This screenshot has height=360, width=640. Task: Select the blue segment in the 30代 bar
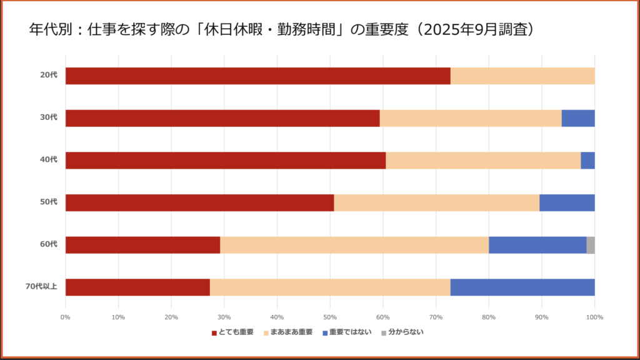[578, 119]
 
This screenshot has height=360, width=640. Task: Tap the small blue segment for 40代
[587, 161]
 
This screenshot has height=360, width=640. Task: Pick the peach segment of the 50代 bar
[436, 203]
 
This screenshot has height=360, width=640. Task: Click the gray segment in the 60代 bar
[591, 245]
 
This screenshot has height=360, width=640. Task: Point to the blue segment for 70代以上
[522, 287]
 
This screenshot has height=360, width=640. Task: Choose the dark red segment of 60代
[142, 245]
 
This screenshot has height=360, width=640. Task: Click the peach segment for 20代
[522, 76]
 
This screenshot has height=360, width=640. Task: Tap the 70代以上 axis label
[42, 287]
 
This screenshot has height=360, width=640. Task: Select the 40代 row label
[49, 160]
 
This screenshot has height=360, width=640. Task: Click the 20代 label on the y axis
[49, 76]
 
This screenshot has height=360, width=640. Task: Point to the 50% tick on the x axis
[330, 318]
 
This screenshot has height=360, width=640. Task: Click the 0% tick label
[65, 318]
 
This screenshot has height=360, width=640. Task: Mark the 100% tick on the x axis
[594, 318]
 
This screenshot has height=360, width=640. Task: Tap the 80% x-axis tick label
[489, 318]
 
